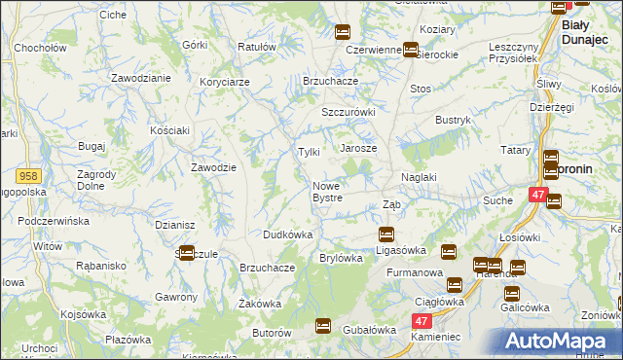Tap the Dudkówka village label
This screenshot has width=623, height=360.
click(287, 234)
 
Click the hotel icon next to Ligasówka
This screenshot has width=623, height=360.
click(385, 234)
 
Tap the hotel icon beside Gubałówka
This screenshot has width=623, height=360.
click(323, 327)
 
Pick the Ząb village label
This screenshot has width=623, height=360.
click(391, 204)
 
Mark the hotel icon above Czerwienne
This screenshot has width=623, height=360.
click(342, 32)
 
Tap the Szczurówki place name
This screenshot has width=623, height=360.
click(348, 112)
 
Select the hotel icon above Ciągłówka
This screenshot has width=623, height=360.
click(454, 285)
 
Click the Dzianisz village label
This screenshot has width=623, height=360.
click(175, 225)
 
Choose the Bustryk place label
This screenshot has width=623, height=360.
click(453, 120)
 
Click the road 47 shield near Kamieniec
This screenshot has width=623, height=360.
click(421, 320)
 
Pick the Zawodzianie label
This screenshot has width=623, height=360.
click(141, 77)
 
